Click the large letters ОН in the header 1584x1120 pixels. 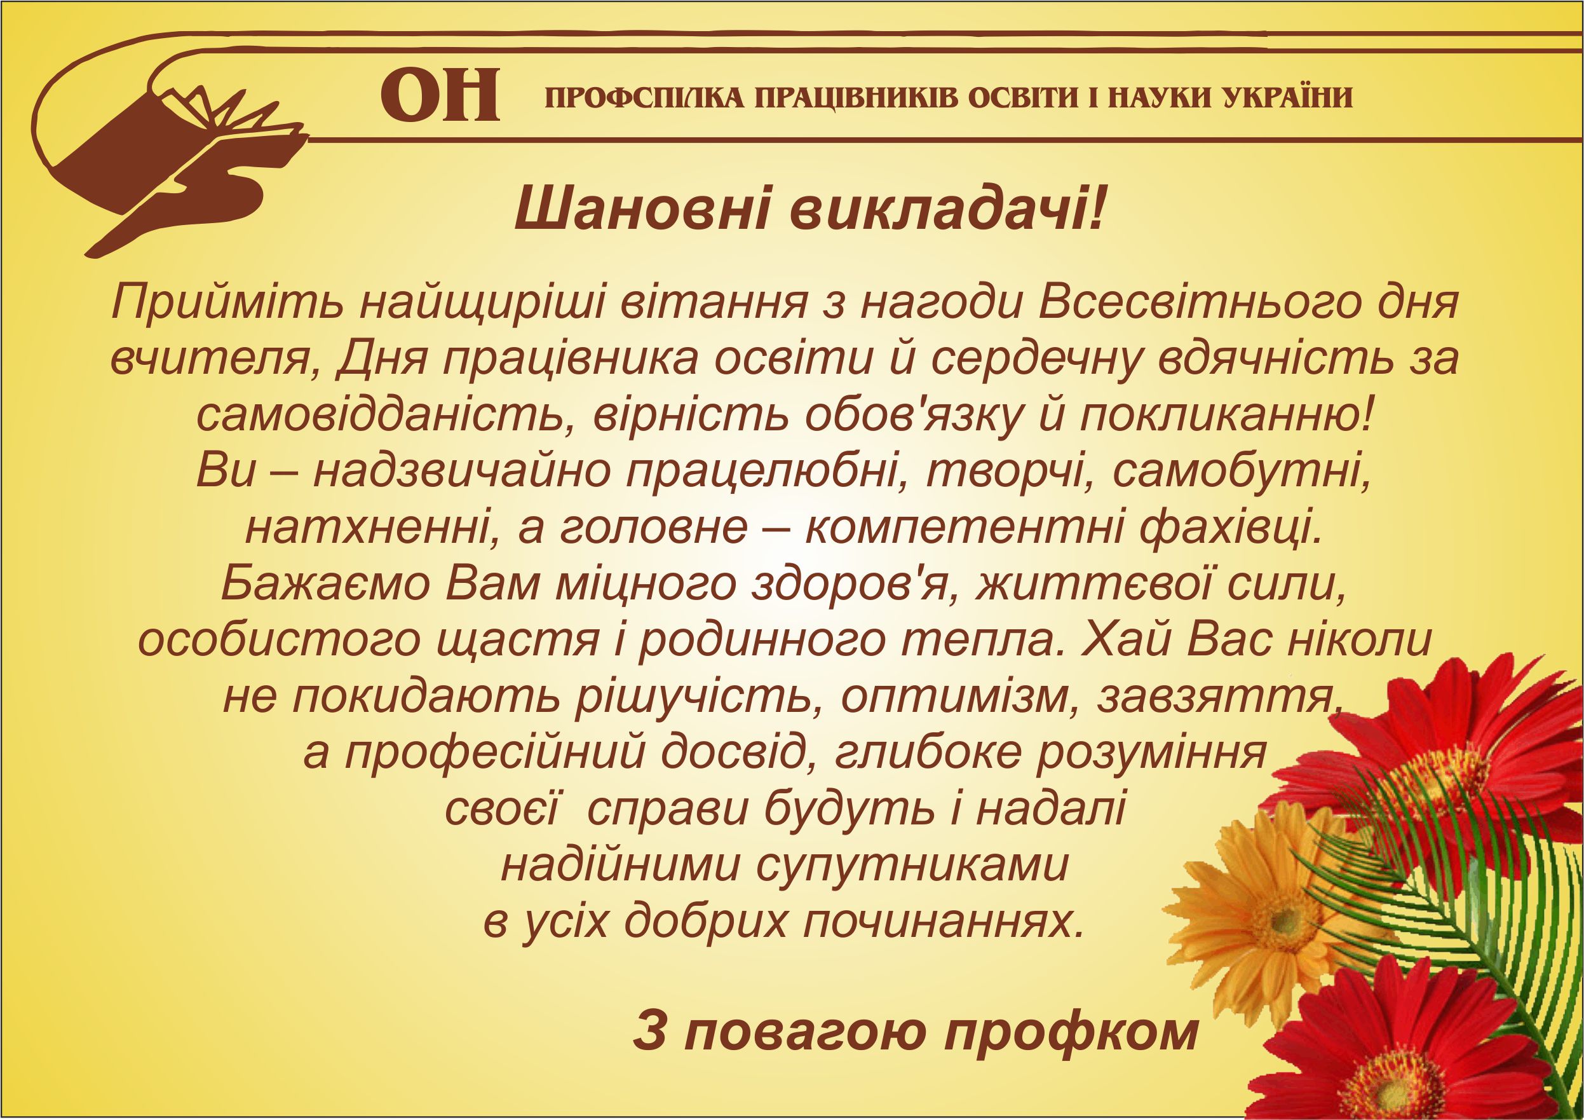pos(440,96)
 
